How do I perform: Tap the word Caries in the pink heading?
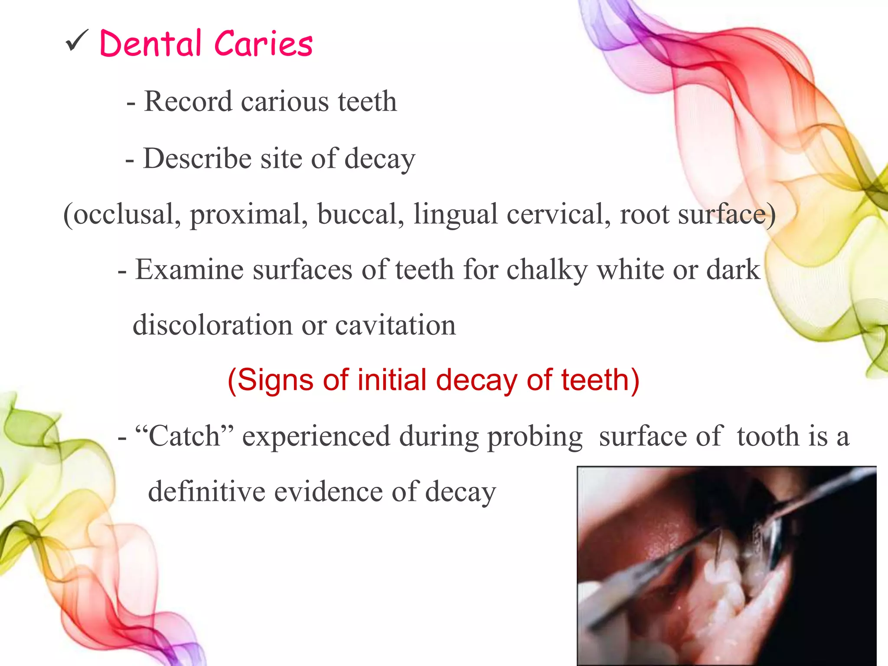coord(263,44)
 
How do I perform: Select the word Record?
coord(188,101)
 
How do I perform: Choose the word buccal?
coord(360,214)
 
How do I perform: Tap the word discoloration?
coord(212,325)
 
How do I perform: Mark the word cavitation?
coord(395,325)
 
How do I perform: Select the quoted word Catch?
coord(184,436)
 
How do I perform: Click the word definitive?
coord(206,492)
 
